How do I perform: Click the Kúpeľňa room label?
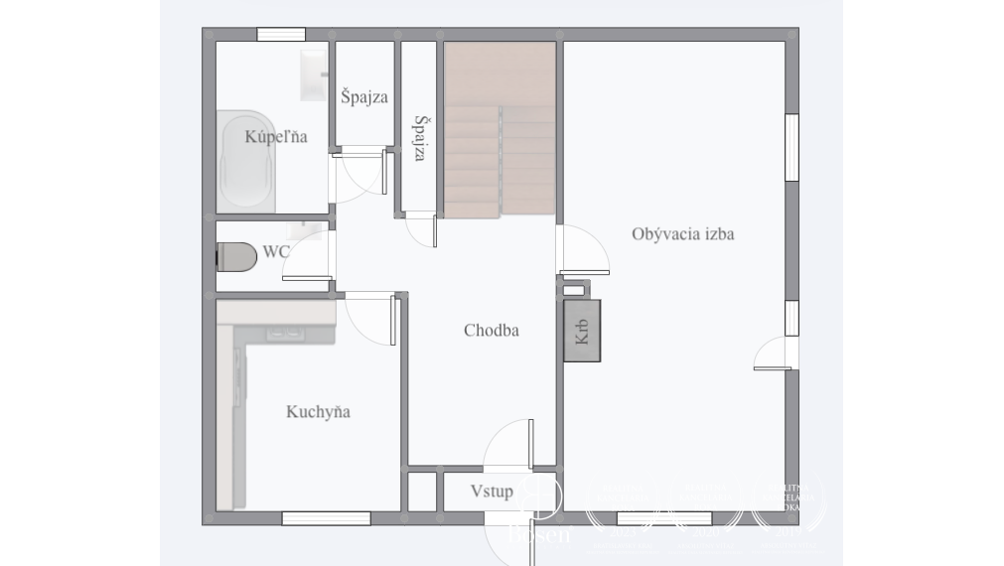click(275, 137)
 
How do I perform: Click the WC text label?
click(276, 252)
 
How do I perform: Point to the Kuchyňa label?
click(318, 412)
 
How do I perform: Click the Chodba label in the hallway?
click(492, 331)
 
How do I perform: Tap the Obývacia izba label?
click(683, 234)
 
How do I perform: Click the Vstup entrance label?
click(492, 492)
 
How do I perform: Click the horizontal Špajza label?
click(363, 97)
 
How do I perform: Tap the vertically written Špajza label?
click(421, 138)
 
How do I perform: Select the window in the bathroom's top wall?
click(281, 35)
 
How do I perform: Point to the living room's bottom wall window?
click(663, 517)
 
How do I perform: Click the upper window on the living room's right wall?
click(791, 147)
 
